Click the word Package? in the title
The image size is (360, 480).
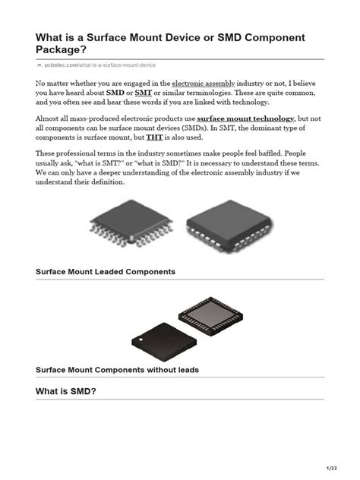(x=65, y=50)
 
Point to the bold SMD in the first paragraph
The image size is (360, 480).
(x=115, y=92)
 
